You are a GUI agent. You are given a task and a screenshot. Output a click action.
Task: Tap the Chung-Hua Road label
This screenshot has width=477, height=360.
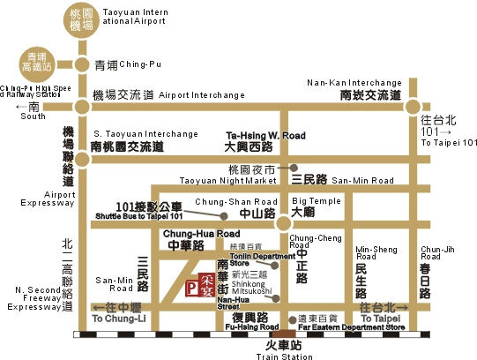click(x=190, y=233)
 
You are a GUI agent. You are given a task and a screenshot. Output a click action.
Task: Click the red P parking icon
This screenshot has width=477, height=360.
click(x=192, y=287)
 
